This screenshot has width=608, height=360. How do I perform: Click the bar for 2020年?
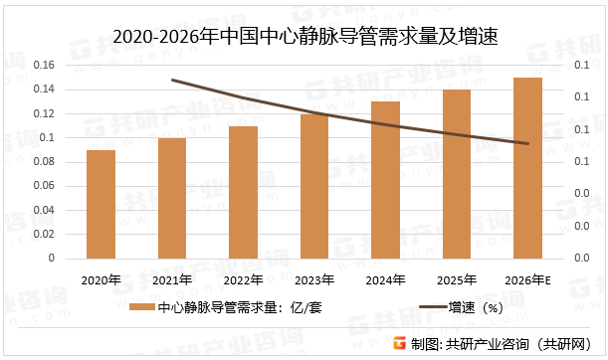coord(101,204)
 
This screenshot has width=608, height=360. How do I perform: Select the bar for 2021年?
coord(172,198)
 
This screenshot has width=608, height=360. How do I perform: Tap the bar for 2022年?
coord(244,192)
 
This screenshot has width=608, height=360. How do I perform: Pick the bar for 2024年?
coord(386,180)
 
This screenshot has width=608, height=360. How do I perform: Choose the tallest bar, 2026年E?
coord(527,168)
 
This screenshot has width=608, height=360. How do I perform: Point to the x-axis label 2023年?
coord(314,281)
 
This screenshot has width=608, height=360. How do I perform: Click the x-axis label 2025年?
coord(457,281)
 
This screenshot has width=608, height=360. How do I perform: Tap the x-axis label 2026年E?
coord(528,281)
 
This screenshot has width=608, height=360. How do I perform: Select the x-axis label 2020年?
coord(101,281)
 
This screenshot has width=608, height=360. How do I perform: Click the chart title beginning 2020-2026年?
coord(304,37)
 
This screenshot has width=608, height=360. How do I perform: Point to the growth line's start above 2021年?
coord(172,80)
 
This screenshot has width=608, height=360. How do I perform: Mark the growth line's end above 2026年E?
coord(527,144)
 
